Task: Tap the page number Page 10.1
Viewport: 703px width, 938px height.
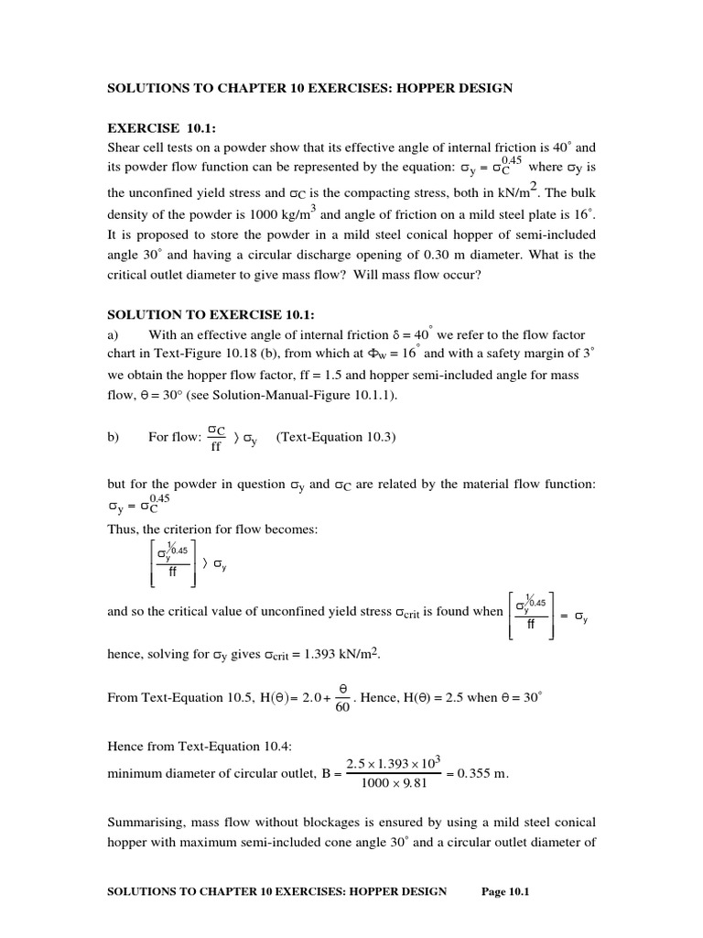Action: [x=506, y=893]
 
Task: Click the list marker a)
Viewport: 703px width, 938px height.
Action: [x=113, y=335]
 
